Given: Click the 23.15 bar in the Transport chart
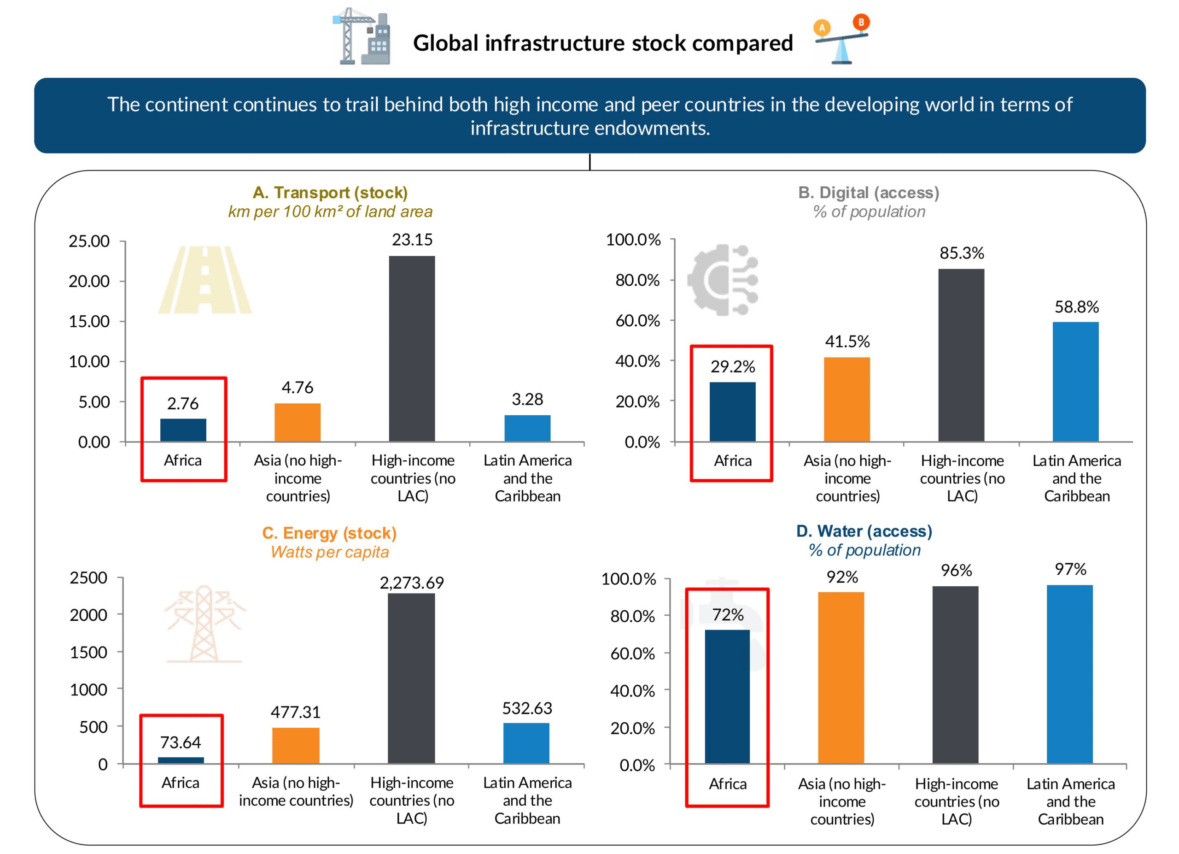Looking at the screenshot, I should pyautogui.click(x=412, y=348).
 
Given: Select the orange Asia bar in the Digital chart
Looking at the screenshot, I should pyautogui.click(x=847, y=400).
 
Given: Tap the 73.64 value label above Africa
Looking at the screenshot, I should pyautogui.click(x=180, y=742).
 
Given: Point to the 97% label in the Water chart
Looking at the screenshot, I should pyautogui.click(x=1070, y=569).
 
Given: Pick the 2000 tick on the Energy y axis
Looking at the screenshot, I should pyautogui.click(x=88, y=615).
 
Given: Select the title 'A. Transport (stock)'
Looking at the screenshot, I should pyautogui.click(x=330, y=193).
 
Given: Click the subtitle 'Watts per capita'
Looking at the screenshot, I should pyautogui.click(x=330, y=552).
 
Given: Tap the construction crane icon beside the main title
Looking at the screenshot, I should pyautogui.click(x=361, y=36).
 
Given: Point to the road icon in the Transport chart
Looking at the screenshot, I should pyautogui.click(x=205, y=280).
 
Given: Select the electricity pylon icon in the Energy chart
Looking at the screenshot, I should pyautogui.click(x=205, y=624).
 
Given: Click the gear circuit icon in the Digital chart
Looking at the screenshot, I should pyautogui.click(x=723, y=280).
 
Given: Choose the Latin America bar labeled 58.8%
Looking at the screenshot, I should pyautogui.click(x=1075, y=382).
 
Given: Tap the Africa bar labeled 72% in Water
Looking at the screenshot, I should pyautogui.click(x=727, y=697).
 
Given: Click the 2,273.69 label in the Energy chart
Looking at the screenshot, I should pyautogui.click(x=412, y=583).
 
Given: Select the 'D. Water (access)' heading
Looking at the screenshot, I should pyautogui.click(x=864, y=531).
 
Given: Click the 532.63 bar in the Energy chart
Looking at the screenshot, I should pyautogui.click(x=526, y=743).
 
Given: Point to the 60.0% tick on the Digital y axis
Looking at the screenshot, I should pyautogui.click(x=638, y=320).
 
